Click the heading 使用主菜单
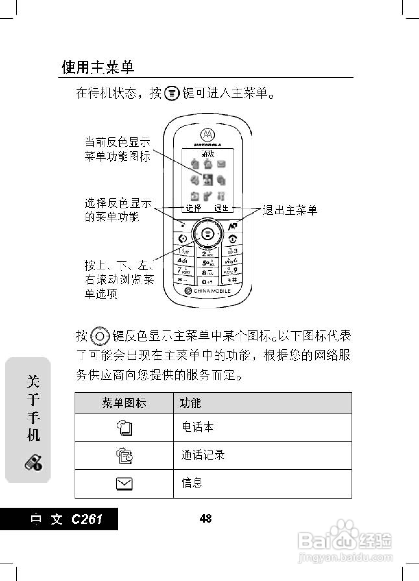coord(98,67)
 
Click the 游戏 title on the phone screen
coord(208,154)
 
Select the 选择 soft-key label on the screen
coord(194,208)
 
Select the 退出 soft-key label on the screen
coord(222,208)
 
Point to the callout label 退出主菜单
coord(290,210)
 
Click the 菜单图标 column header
coord(124,403)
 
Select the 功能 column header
coord(191,403)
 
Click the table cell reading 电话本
coord(198,427)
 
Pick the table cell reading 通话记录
coord(203,455)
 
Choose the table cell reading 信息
coord(192,483)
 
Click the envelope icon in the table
coord(124,484)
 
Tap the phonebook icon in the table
coord(124,428)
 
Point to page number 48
coord(206,518)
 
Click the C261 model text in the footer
coord(87,519)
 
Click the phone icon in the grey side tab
coord(33,463)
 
